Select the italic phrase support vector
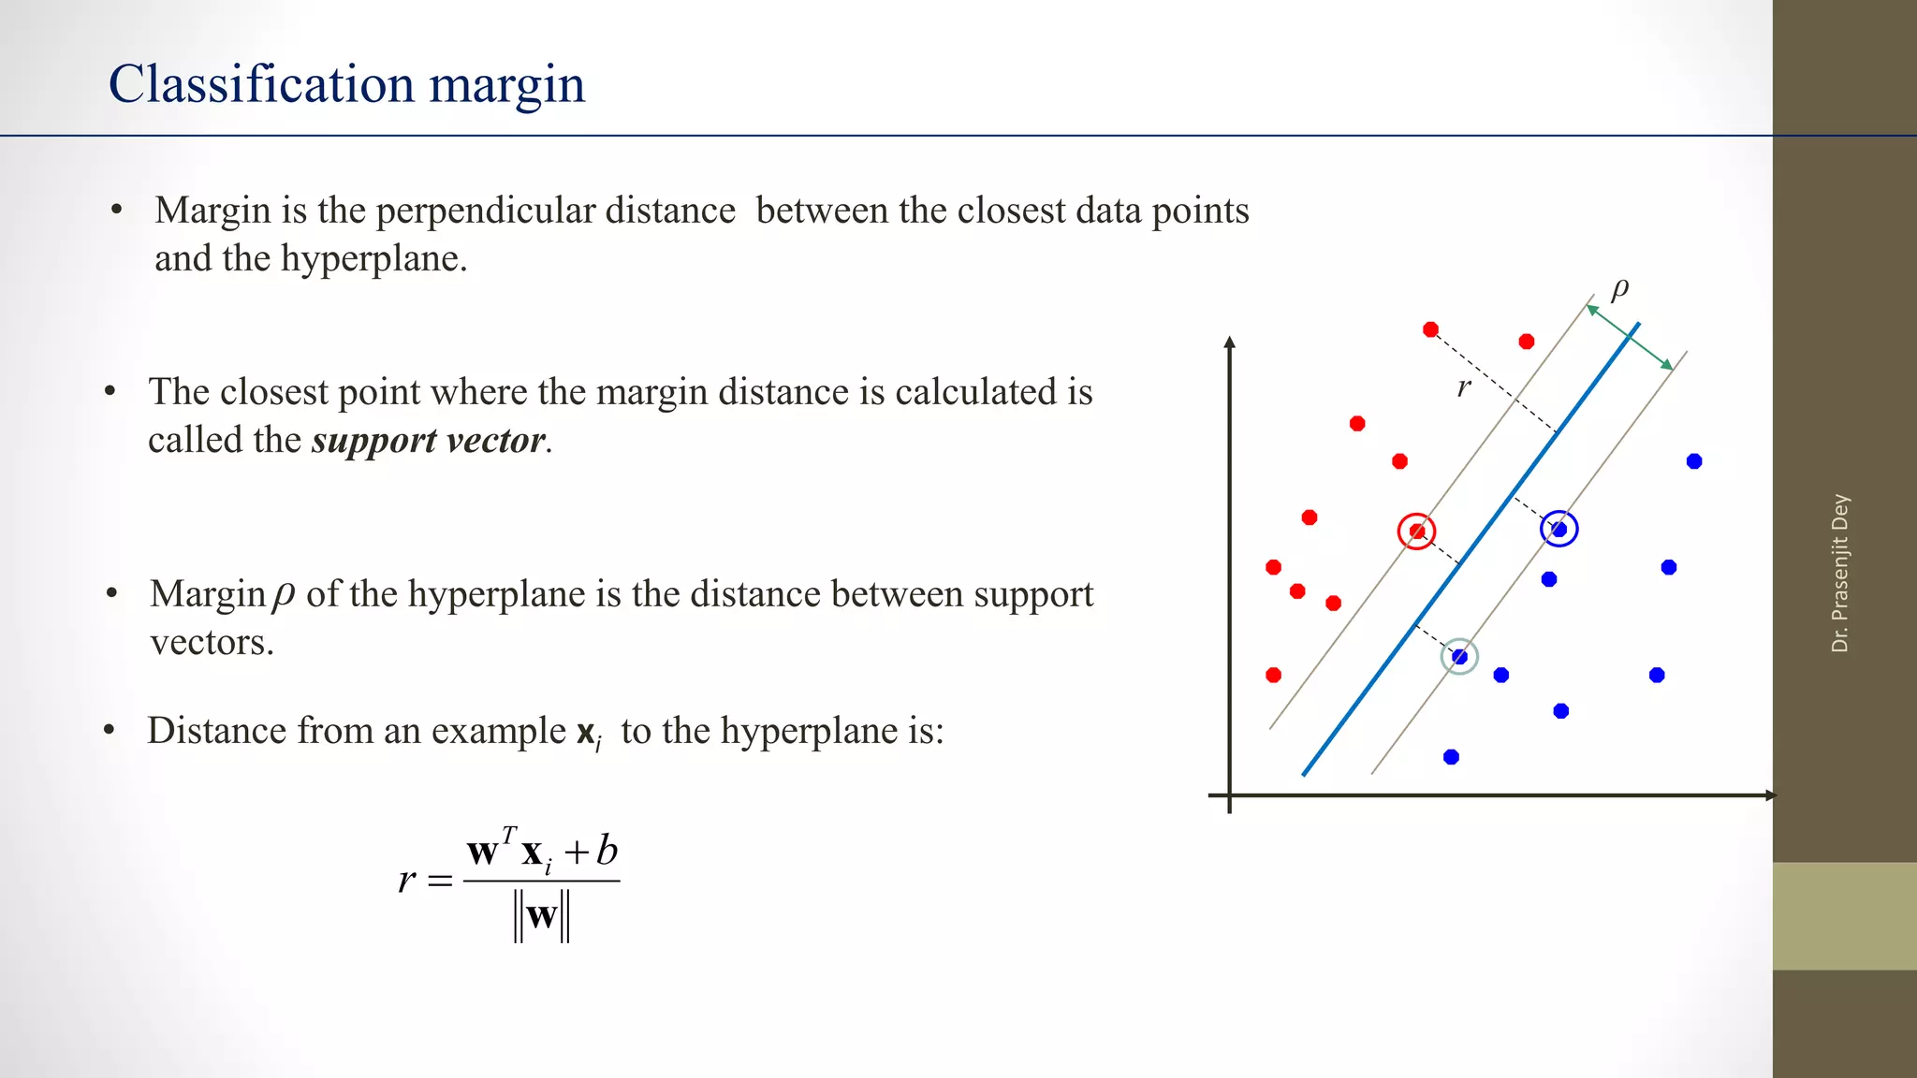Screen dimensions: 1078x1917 pyautogui.click(x=428, y=440)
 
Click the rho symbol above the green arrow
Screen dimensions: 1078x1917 pyautogui.click(x=1620, y=288)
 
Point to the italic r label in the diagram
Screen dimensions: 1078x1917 pyautogui.click(x=1465, y=386)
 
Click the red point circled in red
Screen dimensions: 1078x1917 pyautogui.click(x=1417, y=532)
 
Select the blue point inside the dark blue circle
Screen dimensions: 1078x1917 pyautogui.click(x=1559, y=530)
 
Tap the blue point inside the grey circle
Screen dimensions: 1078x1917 pyautogui.click(x=1459, y=657)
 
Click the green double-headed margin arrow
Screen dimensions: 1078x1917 pyautogui.click(x=1630, y=337)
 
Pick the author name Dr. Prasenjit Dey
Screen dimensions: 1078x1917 pyautogui.click(x=1840, y=573)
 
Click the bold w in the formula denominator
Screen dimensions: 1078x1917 pyautogui.click(x=542, y=915)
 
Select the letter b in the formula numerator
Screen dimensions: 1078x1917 pyautogui.click(x=607, y=851)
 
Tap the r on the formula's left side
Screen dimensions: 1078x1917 pyautogui.click(x=406, y=880)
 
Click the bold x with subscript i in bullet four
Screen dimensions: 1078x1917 pyautogui.click(x=588, y=733)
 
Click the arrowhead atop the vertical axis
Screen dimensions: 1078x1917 pyautogui.click(x=1230, y=342)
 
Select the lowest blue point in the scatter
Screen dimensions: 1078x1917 pyautogui.click(x=1451, y=757)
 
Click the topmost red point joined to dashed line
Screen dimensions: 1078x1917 pyautogui.click(x=1430, y=329)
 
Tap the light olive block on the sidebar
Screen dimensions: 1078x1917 pyautogui.click(x=1844, y=916)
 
